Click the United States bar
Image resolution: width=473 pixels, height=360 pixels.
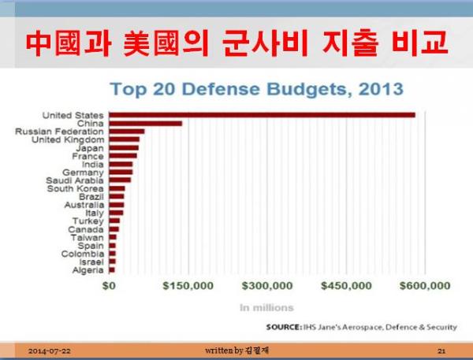(x=262, y=115)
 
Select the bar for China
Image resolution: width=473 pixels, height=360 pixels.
(x=145, y=124)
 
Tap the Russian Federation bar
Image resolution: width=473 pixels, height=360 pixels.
(x=127, y=132)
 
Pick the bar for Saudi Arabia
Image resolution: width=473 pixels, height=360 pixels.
(x=120, y=180)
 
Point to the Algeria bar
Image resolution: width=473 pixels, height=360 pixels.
(x=112, y=270)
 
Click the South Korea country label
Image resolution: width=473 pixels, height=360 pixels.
(x=75, y=189)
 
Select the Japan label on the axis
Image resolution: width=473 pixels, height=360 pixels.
(x=90, y=148)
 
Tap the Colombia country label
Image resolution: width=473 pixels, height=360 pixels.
(x=82, y=254)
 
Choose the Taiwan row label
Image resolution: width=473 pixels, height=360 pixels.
(x=88, y=238)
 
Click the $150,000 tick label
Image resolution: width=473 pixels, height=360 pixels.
(x=188, y=285)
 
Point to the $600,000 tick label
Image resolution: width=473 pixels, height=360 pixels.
(x=425, y=285)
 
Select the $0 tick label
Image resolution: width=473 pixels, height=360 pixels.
(x=109, y=285)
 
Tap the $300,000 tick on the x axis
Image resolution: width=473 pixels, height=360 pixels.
(x=267, y=285)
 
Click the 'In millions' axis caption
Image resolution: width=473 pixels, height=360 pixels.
(x=266, y=308)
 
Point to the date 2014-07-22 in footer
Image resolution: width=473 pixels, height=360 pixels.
(x=50, y=351)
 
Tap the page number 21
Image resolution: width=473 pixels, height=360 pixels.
(x=441, y=351)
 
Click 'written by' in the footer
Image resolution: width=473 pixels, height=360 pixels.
(x=224, y=351)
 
